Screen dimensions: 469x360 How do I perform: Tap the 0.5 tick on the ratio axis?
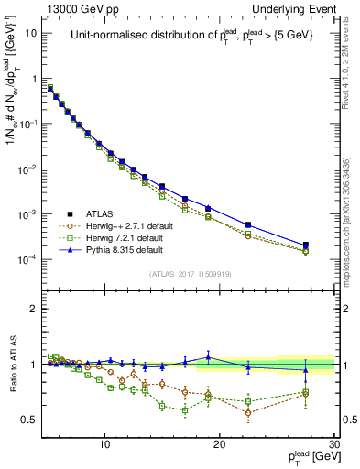(x=29, y=420)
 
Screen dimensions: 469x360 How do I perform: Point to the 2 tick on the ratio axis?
(x=34, y=309)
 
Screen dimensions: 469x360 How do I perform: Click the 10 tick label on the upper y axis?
(x=29, y=33)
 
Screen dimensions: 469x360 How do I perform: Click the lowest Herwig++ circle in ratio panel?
(x=248, y=412)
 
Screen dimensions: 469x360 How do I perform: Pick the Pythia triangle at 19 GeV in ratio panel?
(x=208, y=356)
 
